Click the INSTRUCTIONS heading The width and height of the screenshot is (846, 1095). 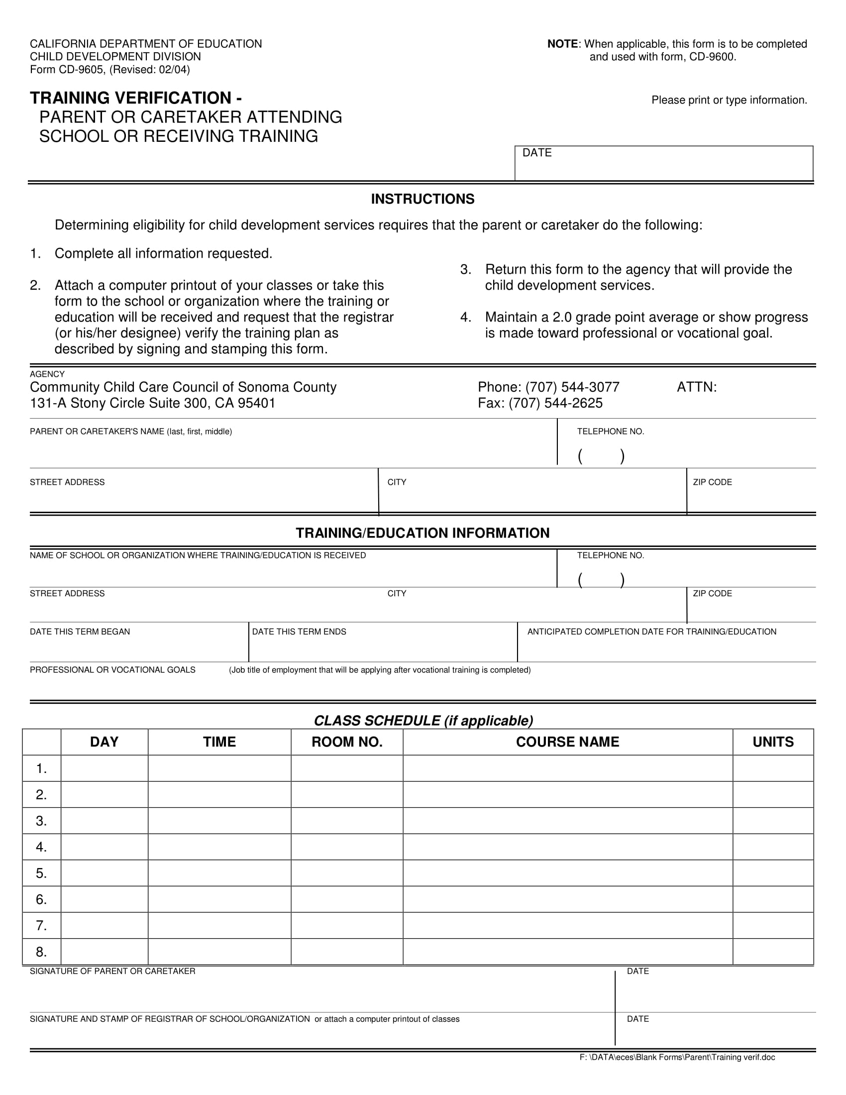(423, 199)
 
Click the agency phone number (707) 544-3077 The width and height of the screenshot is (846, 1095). (572, 387)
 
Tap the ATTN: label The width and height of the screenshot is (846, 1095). (697, 387)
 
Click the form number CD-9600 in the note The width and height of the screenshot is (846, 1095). (712, 57)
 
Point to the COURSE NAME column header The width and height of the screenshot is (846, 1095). (567, 742)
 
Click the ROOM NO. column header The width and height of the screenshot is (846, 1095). (347, 742)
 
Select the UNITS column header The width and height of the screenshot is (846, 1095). (773, 742)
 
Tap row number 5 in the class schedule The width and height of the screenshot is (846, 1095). (41, 874)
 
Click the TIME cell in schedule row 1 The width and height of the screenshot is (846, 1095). (219, 768)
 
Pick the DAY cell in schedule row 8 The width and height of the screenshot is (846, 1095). (104, 952)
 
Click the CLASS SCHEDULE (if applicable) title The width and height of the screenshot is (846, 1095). (423, 721)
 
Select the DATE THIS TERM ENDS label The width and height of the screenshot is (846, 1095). (299, 632)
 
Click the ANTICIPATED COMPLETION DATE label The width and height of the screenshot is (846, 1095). (651, 632)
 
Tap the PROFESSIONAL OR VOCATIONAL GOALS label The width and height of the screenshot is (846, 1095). (113, 670)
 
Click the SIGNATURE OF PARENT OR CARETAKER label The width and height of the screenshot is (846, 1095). (113, 971)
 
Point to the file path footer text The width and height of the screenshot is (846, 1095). (677, 1057)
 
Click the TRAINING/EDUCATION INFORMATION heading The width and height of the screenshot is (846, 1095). (423, 533)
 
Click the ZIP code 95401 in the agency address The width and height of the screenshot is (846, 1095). (257, 403)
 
